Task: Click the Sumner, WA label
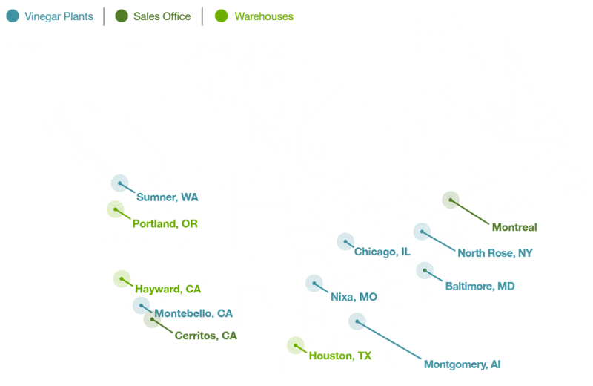(x=167, y=197)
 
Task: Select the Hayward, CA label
(x=168, y=288)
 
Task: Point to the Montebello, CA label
(x=193, y=313)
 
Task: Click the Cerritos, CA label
(x=205, y=336)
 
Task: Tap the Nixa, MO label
(x=354, y=297)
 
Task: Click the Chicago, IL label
(x=382, y=252)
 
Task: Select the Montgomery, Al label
(x=463, y=364)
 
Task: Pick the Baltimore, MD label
(x=480, y=286)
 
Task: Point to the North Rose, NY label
(x=495, y=253)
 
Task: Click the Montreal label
(x=513, y=227)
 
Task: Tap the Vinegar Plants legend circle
(x=13, y=16)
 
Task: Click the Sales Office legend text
(x=162, y=16)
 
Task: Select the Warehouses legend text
(x=263, y=16)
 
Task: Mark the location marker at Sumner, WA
(x=119, y=183)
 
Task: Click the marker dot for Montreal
(x=450, y=199)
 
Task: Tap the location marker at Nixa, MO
(x=314, y=282)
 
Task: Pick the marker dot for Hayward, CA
(x=122, y=278)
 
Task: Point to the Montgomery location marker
(x=357, y=321)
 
